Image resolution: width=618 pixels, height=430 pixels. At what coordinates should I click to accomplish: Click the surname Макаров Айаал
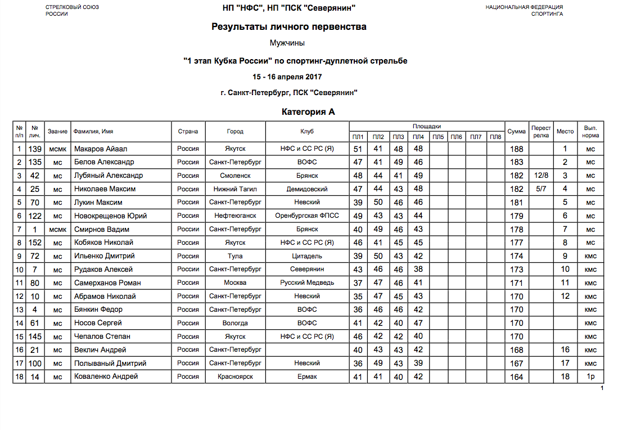pyautogui.click(x=101, y=149)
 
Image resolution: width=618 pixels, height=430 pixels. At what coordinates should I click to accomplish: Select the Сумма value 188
pyautogui.click(x=516, y=149)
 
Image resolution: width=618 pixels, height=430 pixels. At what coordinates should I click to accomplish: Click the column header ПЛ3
pyautogui.click(x=398, y=137)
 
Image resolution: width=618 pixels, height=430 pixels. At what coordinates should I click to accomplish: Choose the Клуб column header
pyautogui.click(x=307, y=132)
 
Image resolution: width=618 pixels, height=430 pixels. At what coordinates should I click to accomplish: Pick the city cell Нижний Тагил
pyautogui.click(x=235, y=189)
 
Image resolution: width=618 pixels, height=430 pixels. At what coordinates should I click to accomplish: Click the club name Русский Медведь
pyautogui.click(x=307, y=283)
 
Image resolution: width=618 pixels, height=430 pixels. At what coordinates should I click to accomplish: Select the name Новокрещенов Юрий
pyautogui.click(x=111, y=216)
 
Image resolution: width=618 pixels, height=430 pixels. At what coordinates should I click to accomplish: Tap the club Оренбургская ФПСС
pyautogui.click(x=307, y=216)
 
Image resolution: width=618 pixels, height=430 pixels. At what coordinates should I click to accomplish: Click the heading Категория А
pyautogui.click(x=308, y=112)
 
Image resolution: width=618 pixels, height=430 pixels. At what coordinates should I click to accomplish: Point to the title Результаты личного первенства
pyautogui.click(x=289, y=26)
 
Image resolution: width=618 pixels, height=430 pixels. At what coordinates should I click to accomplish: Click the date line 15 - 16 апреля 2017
pyautogui.click(x=287, y=77)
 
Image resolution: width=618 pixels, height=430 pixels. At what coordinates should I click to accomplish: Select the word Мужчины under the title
pyautogui.click(x=287, y=43)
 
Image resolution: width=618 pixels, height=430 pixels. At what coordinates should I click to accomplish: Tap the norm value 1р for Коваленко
pyautogui.click(x=590, y=377)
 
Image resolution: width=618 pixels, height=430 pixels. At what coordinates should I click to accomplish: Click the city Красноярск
pyautogui.click(x=235, y=377)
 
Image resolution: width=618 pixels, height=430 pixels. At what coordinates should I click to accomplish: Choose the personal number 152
pyautogui.click(x=35, y=243)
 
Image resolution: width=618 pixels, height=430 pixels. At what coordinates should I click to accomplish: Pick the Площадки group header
pyautogui.click(x=427, y=127)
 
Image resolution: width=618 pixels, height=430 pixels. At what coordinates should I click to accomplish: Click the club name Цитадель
pyautogui.click(x=307, y=256)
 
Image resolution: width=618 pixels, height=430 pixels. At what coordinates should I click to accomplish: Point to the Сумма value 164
pyautogui.click(x=516, y=377)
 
